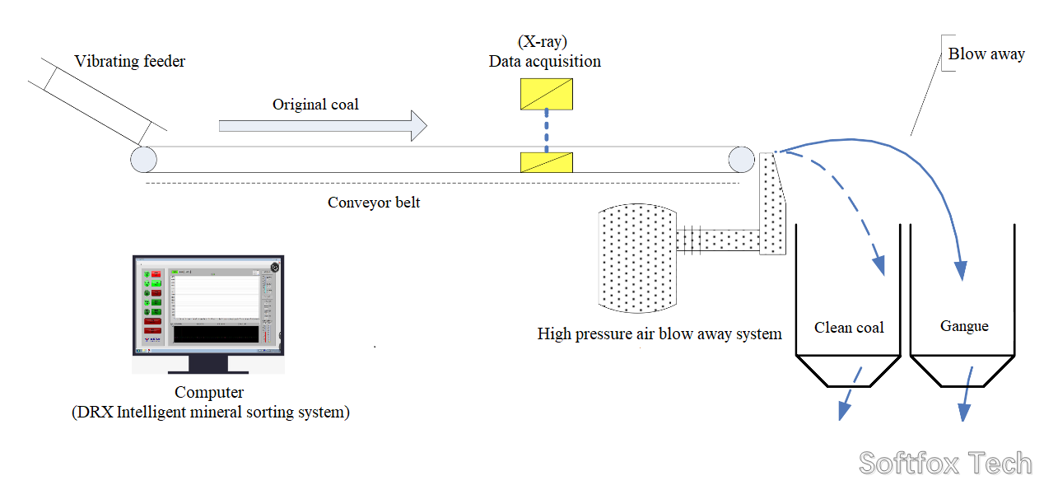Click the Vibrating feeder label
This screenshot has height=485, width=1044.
(130, 62)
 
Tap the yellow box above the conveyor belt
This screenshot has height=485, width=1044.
(546, 94)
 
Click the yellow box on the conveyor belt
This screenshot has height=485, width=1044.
(546, 162)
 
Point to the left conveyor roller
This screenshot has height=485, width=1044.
(143, 159)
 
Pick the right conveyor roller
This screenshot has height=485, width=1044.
(740, 159)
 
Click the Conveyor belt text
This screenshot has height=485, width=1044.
(374, 203)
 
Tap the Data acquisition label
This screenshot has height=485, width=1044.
(544, 62)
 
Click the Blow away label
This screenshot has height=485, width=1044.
(986, 54)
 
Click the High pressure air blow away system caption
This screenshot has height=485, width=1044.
(659, 334)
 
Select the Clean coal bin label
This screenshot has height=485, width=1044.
(849, 328)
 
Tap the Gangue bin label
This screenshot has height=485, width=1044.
(964, 327)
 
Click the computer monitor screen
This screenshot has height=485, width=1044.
(208, 305)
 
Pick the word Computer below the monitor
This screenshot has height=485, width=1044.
(209, 393)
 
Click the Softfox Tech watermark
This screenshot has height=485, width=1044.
(945, 464)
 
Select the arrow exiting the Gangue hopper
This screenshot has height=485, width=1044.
(967, 394)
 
